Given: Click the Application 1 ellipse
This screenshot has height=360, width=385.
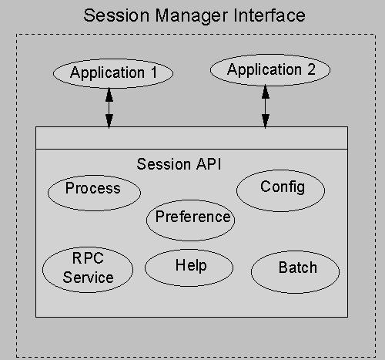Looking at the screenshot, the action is pyautogui.click(x=113, y=73).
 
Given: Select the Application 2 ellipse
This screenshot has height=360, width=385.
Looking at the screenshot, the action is pyautogui.click(x=270, y=70).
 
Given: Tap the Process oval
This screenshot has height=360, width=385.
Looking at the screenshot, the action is pyautogui.click(x=94, y=193).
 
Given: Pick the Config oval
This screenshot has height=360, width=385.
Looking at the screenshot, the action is pyautogui.click(x=280, y=190).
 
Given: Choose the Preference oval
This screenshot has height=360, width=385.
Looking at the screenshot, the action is pyautogui.click(x=190, y=220).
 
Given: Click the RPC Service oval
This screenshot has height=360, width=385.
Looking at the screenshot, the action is pyautogui.click(x=88, y=270).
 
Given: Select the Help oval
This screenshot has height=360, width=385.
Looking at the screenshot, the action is pyautogui.click(x=189, y=267).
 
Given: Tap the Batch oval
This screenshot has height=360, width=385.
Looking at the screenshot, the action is pyautogui.click(x=295, y=272).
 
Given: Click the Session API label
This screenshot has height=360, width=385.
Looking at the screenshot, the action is pyautogui.click(x=179, y=164).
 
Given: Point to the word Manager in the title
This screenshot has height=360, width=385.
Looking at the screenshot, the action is pyautogui.click(x=192, y=16).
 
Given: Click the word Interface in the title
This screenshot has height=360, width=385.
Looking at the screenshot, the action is pyautogui.click(x=269, y=15).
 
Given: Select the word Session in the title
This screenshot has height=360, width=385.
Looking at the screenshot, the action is pyautogui.click(x=116, y=15).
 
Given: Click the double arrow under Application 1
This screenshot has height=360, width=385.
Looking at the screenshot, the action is pyautogui.click(x=109, y=108).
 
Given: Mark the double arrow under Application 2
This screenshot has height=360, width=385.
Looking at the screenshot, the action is pyautogui.click(x=266, y=106).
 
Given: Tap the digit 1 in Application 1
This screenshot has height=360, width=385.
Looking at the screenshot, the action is pyautogui.click(x=154, y=72).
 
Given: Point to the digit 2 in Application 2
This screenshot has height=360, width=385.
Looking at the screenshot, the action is pyautogui.click(x=311, y=69).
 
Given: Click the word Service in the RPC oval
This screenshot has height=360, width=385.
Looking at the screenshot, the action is pyautogui.click(x=88, y=278).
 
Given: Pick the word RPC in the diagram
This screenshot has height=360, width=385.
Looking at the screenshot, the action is pyautogui.click(x=88, y=258).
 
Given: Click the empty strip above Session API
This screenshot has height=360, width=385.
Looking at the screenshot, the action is pyautogui.click(x=192, y=138).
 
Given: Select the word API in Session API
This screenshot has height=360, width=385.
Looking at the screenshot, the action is pyautogui.click(x=209, y=164).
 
